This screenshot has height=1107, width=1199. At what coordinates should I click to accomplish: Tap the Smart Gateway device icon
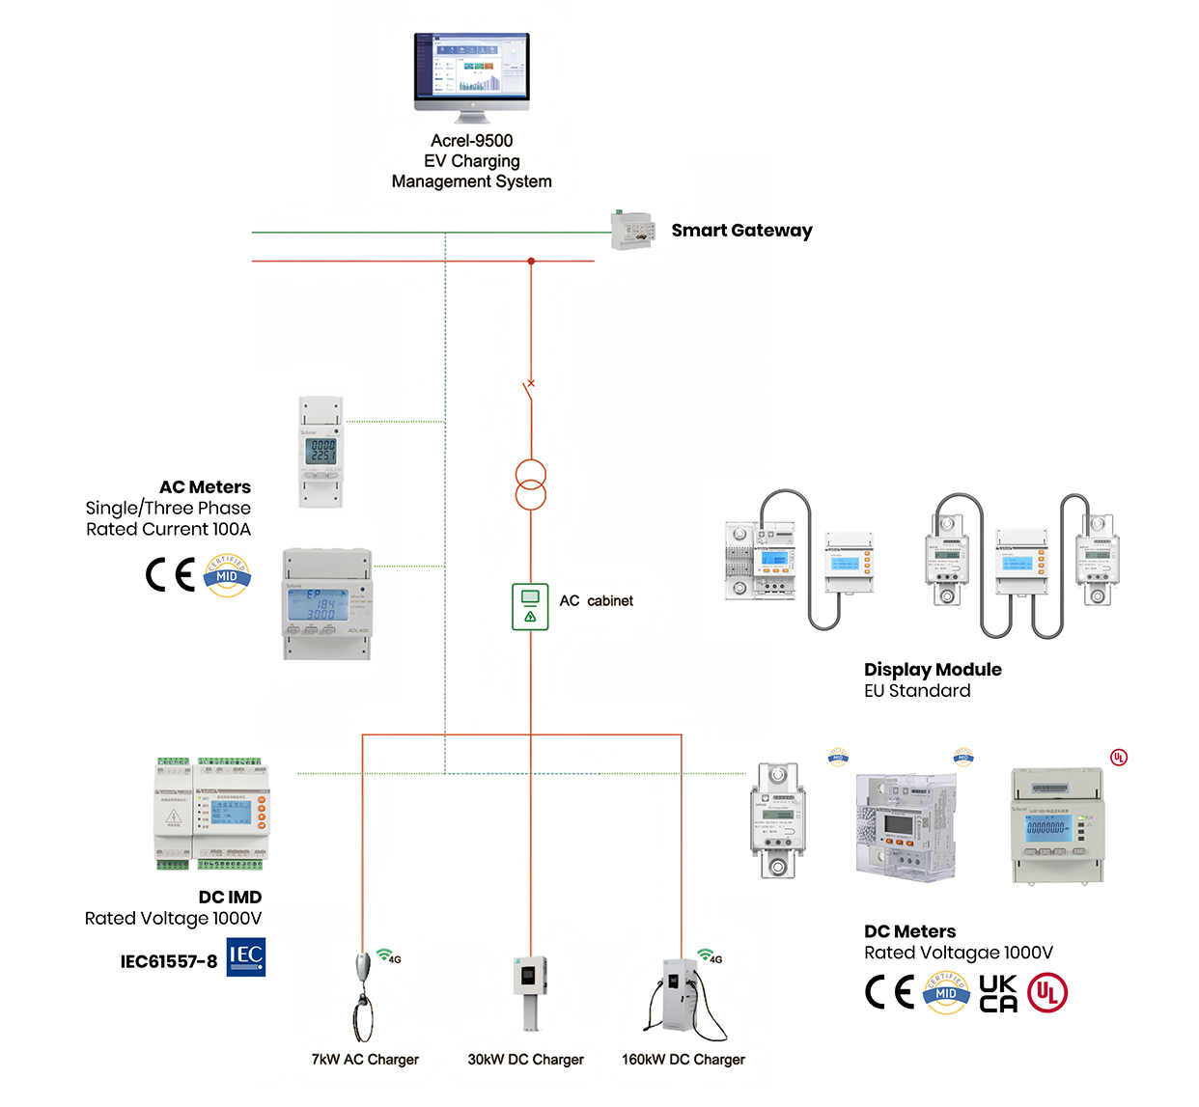coord(632,231)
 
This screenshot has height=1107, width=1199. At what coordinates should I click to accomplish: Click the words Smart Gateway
coord(741,231)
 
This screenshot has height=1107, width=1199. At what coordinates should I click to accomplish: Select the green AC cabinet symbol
coord(530,607)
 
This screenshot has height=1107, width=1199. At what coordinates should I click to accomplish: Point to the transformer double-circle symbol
coord(530,485)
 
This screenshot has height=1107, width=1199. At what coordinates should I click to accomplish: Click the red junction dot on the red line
coord(531,262)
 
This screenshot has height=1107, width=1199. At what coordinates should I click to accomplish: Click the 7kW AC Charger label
coord(365,1060)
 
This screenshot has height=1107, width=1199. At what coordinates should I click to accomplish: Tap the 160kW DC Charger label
coord(683,1060)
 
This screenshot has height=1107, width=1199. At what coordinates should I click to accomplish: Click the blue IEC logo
coord(246,956)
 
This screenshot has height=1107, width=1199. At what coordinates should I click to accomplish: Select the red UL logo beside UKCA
coord(1047,993)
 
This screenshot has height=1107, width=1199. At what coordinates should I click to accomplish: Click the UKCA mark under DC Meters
coord(998,993)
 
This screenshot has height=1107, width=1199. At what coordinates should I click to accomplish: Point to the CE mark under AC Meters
coord(171,575)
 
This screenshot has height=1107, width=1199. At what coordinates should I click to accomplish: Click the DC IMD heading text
coord(230,898)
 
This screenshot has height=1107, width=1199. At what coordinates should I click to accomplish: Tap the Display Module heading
coord(933,670)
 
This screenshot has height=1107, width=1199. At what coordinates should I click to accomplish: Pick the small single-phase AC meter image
coord(321,452)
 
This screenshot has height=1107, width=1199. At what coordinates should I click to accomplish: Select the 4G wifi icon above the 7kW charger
coord(388,956)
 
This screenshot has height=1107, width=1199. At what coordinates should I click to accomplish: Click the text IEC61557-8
coord(169,961)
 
